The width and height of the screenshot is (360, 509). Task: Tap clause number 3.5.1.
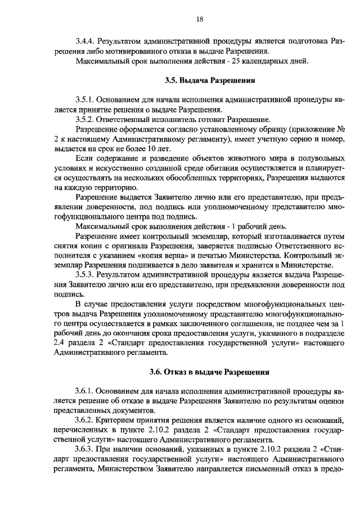click(85, 100)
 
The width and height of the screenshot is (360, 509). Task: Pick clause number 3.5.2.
click(85, 119)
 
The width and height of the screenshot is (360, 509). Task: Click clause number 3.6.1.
click(85, 391)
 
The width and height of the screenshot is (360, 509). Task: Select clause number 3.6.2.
click(85, 421)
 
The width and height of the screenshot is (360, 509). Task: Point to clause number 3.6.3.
click(85, 450)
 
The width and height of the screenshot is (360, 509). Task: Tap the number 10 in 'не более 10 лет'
click(140, 148)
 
